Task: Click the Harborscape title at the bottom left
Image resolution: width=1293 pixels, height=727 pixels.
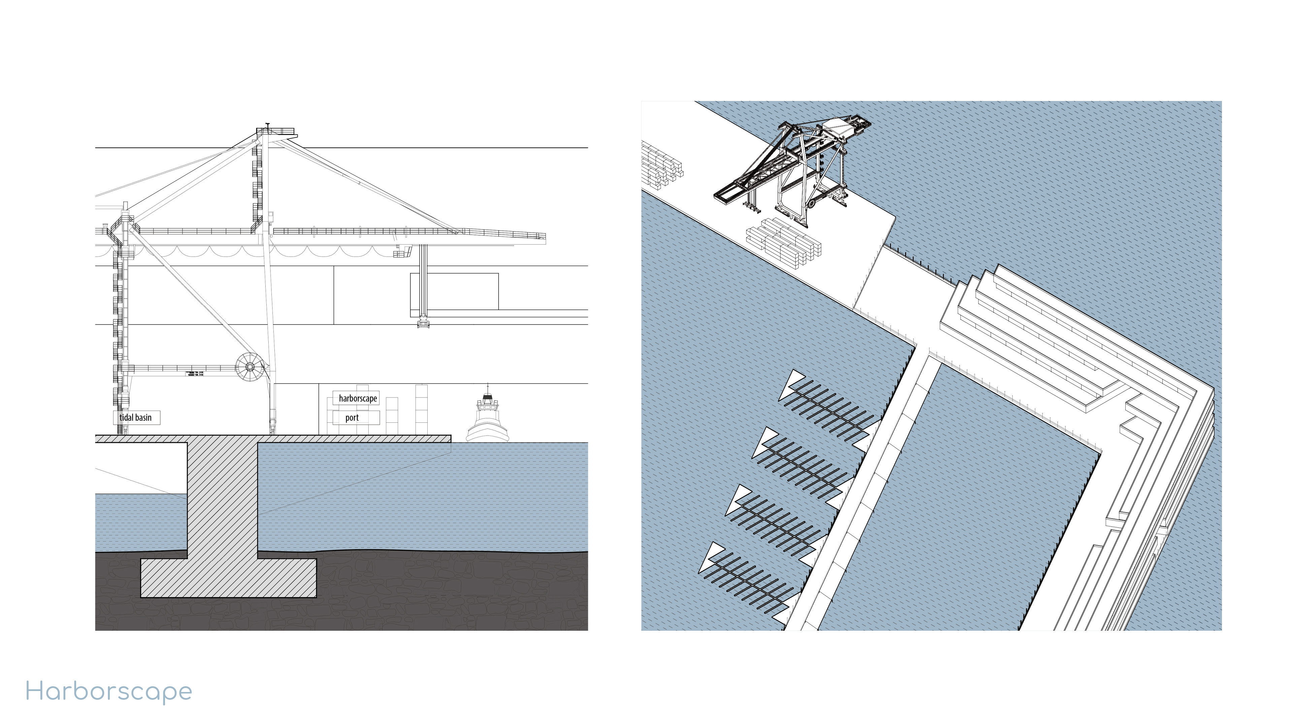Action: (109, 692)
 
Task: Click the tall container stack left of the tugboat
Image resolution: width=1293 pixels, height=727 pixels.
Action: (421, 409)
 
